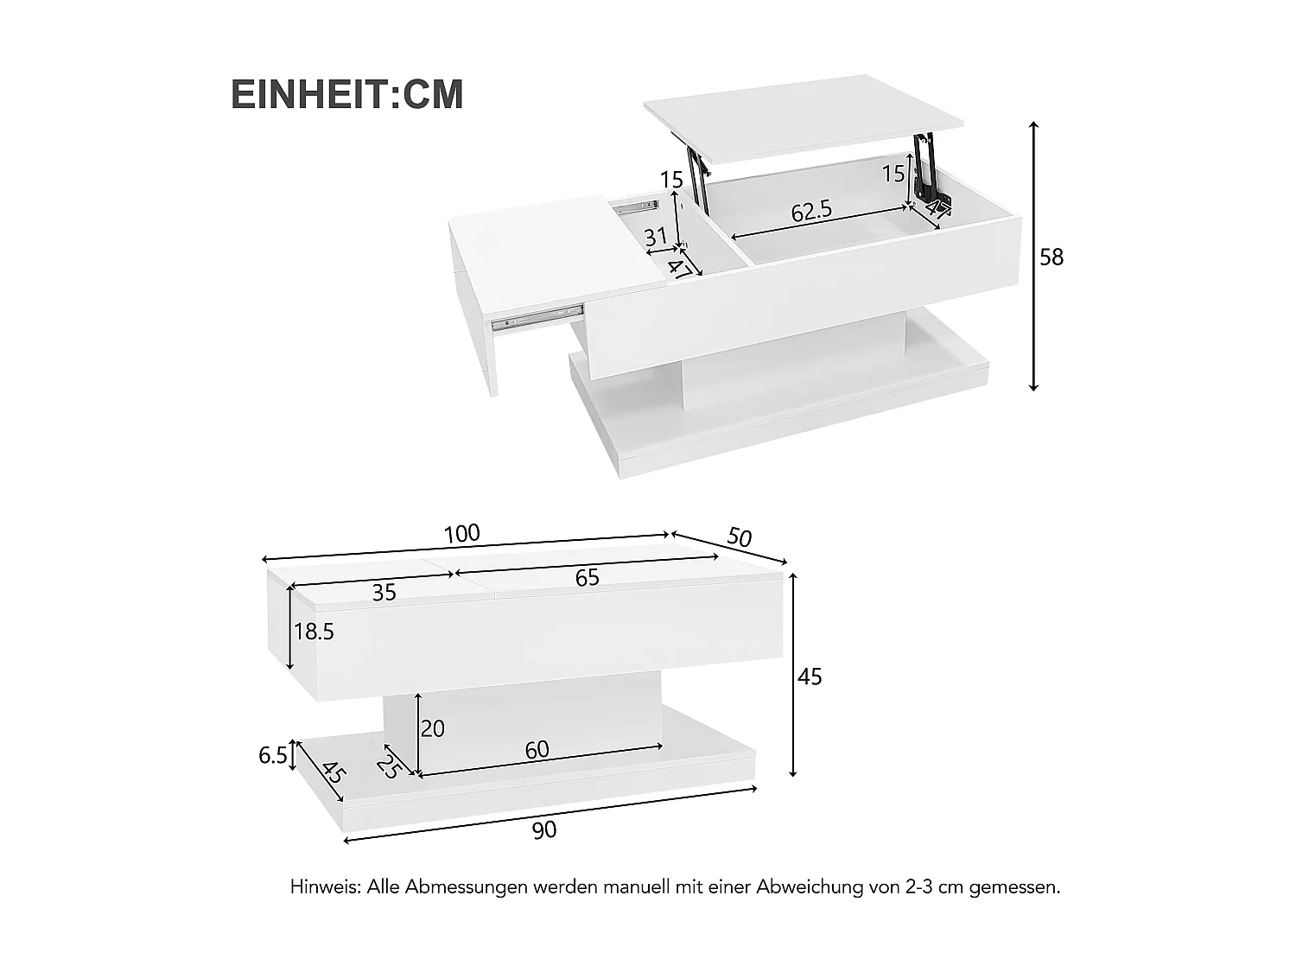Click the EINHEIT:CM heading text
[x=347, y=95]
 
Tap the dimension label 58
[x=1051, y=257]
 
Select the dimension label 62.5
[x=811, y=212]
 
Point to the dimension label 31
[x=656, y=236]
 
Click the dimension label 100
[x=461, y=534]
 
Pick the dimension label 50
[x=740, y=537]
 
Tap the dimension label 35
[x=384, y=593]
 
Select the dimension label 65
[x=587, y=578]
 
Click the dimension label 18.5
[x=314, y=632]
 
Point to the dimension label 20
[x=432, y=729]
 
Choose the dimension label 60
[x=537, y=750]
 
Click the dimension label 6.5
[x=272, y=756]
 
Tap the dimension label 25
[x=388, y=766]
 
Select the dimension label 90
[x=544, y=830]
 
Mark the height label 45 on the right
[x=810, y=677]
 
